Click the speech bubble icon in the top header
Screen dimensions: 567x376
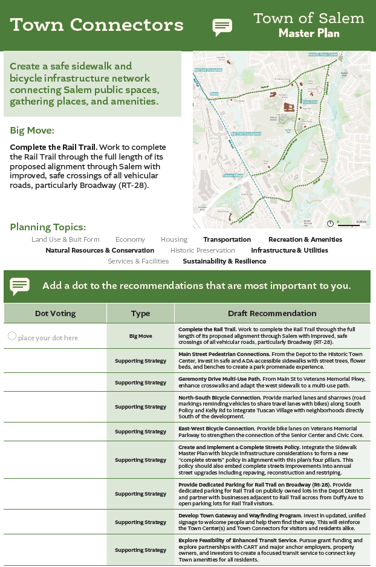(x=222, y=27)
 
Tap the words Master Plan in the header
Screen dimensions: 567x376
(x=309, y=33)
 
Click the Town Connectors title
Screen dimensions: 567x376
(x=97, y=25)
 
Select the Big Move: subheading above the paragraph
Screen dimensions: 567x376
(x=32, y=131)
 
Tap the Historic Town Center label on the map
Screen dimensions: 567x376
(x=323, y=54)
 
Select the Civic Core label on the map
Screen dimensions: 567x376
(x=310, y=102)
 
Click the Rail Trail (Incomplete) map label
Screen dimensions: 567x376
(x=246, y=134)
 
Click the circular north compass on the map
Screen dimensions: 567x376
(x=330, y=223)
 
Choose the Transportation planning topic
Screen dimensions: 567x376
(x=227, y=239)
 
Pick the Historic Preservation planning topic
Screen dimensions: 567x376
(x=203, y=250)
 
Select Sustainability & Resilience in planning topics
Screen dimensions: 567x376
(x=224, y=261)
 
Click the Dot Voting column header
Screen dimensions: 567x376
(x=55, y=313)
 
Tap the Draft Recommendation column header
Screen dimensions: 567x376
(x=272, y=313)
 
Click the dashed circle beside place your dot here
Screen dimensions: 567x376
(x=11, y=337)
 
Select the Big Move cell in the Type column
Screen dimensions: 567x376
(x=140, y=335)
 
